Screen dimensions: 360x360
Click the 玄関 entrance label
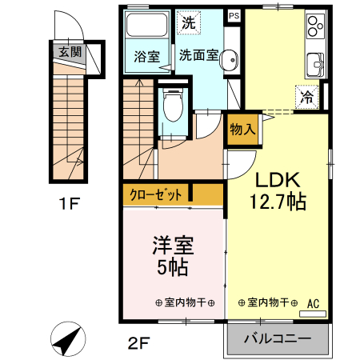[70, 52]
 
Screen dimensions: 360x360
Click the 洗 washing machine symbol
[187, 22]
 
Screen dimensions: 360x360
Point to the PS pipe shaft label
[234, 15]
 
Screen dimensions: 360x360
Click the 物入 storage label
[242, 128]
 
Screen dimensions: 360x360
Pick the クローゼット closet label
[158, 194]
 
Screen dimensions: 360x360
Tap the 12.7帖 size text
[278, 202]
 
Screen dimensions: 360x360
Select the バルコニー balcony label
[276, 339]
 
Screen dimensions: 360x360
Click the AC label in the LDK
[313, 303]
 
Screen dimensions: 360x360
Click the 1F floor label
[70, 205]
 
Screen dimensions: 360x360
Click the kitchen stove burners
[313, 29]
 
